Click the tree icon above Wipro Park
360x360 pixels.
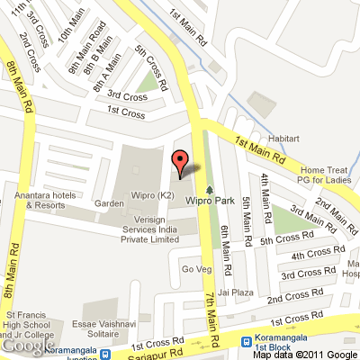(x=210, y=190)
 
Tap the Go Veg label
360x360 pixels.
(x=195, y=268)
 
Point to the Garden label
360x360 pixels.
(x=110, y=204)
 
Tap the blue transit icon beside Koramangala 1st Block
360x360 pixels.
(x=247, y=340)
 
